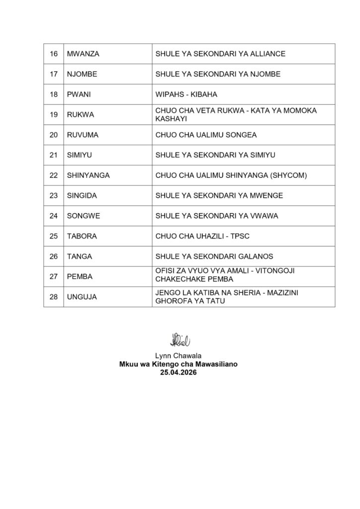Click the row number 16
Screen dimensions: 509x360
(53, 54)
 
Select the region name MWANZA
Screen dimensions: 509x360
(83, 54)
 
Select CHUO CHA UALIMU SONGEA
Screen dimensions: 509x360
(204, 135)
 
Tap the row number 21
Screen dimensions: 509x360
(53, 155)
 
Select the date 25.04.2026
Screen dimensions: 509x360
(180, 371)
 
